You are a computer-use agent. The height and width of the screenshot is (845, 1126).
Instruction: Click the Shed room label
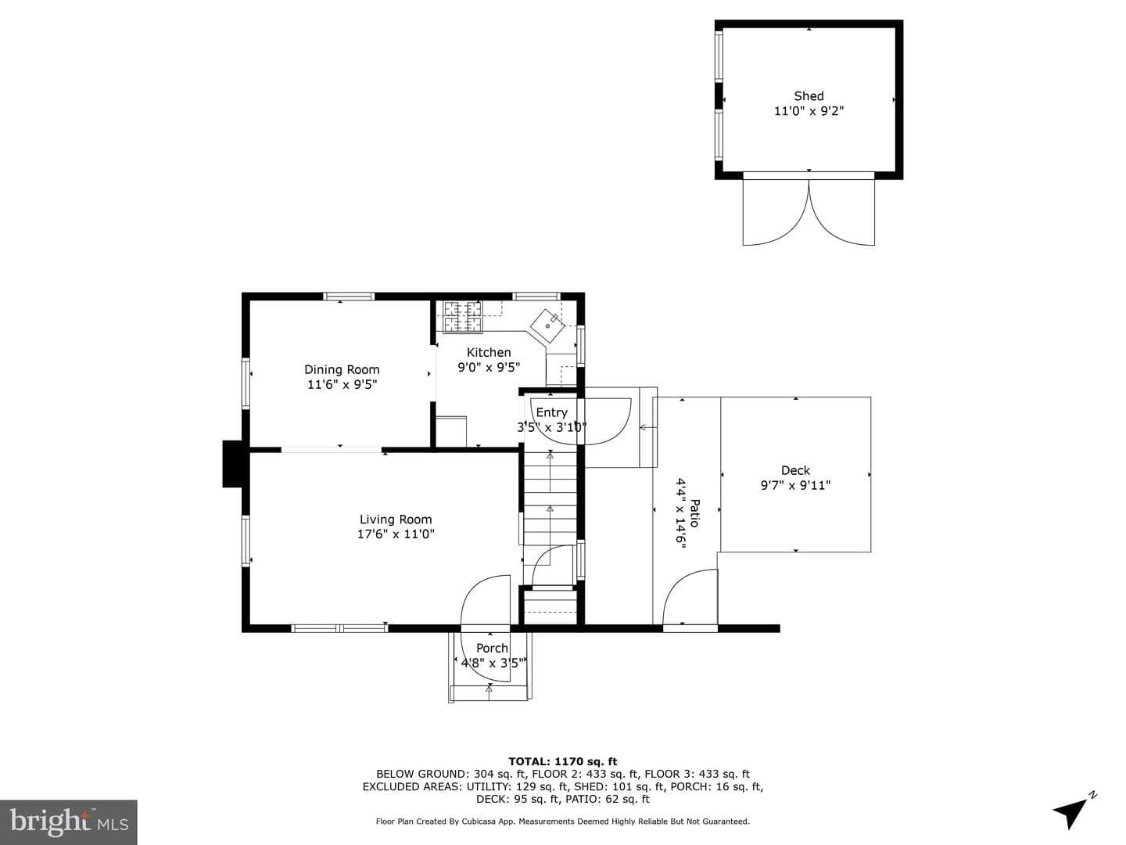coord(809,96)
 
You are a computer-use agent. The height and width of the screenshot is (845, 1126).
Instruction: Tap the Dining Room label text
coord(342,369)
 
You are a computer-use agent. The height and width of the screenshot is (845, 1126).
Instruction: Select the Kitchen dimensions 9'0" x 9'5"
coord(489,368)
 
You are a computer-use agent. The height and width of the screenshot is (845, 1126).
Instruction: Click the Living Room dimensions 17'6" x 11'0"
coord(396,534)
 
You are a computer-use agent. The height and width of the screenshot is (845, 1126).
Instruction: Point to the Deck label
coord(795,470)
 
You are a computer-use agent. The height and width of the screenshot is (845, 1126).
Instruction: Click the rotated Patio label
coord(694,513)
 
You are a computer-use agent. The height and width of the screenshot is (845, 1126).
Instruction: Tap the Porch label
coord(492,648)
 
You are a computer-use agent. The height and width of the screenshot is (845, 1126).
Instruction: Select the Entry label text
coord(551,412)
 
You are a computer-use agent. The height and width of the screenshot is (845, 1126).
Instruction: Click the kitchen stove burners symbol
coord(463,317)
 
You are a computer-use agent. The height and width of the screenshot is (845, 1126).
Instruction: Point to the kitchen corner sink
coord(547,325)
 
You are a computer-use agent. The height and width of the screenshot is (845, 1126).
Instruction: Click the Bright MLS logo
coord(68,822)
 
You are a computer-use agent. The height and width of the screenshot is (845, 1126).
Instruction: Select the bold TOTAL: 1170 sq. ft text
coord(563,762)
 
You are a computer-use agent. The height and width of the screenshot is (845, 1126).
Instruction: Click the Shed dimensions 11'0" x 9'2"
coord(809,111)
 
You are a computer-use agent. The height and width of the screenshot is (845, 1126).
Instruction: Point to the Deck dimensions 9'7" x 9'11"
coord(795,485)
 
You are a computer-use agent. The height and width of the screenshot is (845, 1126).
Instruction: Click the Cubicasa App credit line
coord(563,822)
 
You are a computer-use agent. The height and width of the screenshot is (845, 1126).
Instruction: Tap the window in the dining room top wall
coord(349,296)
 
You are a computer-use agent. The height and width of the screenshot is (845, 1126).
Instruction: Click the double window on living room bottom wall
coord(339,628)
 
